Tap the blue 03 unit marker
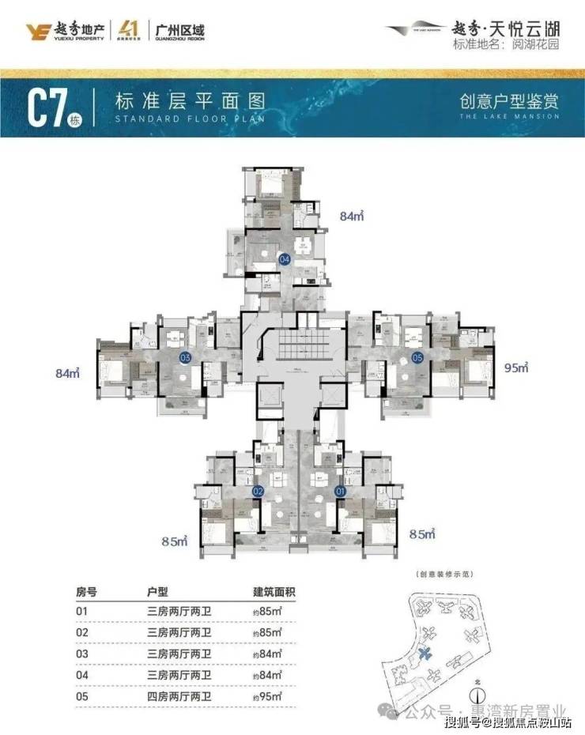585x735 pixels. (186, 357)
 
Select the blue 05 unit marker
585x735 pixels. (417, 357)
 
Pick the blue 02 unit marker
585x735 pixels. (257, 490)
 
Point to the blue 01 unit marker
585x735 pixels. (341, 490)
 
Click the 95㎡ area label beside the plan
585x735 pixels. (515, 367)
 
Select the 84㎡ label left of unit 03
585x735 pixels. (70, 372)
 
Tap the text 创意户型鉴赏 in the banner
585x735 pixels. (509, 101)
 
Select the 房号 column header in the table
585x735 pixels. (85, 592)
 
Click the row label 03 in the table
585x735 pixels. (81, 654)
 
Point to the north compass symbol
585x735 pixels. (477, 695)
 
